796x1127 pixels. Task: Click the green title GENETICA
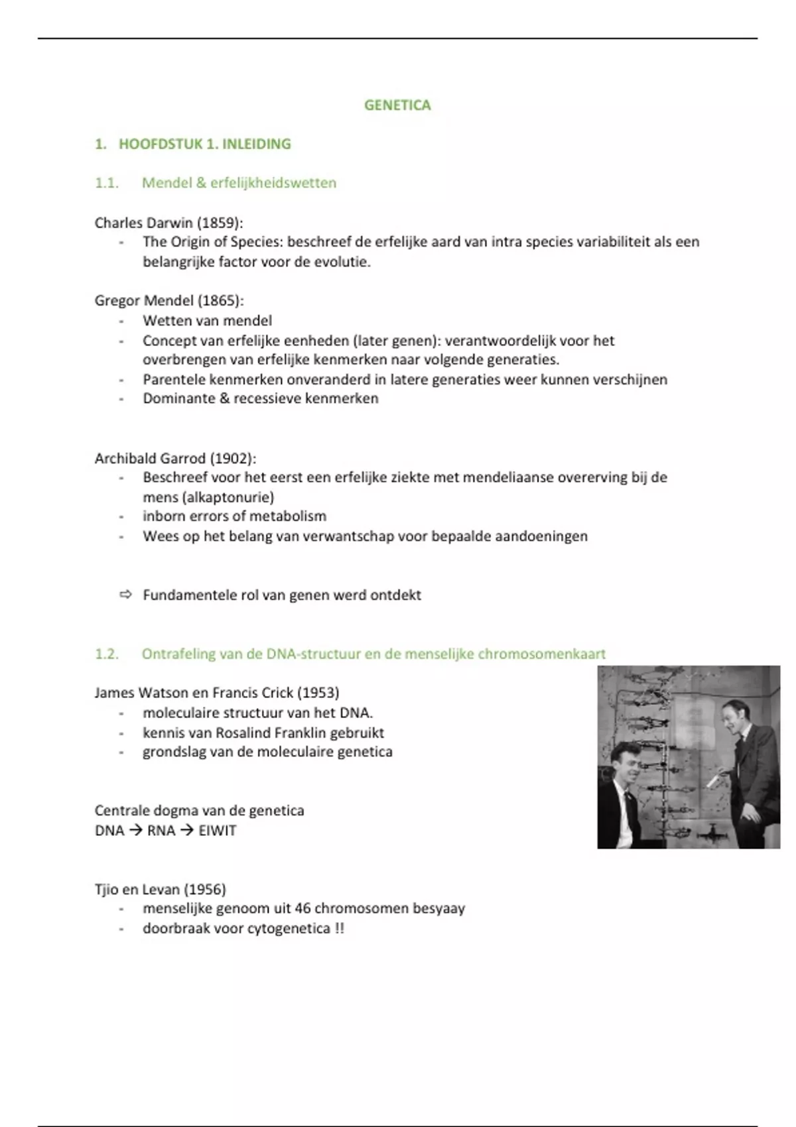click(397, 105)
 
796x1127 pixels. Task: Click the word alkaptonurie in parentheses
click(228, 497)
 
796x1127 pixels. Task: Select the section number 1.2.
click(107, 654)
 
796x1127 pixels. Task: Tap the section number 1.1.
click(107, 183)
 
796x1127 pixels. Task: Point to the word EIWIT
click(218, 831)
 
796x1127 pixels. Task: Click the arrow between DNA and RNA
click(135, 831)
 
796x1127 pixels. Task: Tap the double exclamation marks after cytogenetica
click(340, 928)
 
